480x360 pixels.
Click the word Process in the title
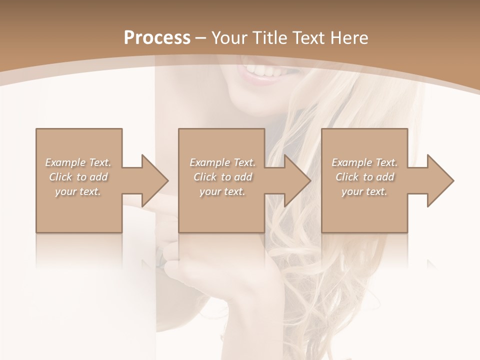coord(156,38)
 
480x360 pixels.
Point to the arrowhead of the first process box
coord(155,180)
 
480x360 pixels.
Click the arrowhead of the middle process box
coord(298,180)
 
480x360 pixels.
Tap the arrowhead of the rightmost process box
coord(440,180)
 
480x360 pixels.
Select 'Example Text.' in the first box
coord(78,162)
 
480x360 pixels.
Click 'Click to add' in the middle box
coord(222,177)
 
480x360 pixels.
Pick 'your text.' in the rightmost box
coord(364,191)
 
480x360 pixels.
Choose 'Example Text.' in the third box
coord(364,162)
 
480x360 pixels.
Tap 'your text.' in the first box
coord(78,191)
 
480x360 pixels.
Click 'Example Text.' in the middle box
coord(222,162)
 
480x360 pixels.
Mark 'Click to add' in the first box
coord(78,177)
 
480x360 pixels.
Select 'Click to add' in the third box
coord(364,177)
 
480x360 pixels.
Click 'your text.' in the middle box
coord(222,191)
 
